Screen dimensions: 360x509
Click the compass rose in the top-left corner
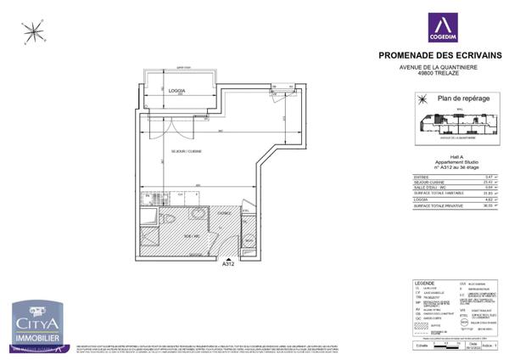(x=35, y=33)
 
